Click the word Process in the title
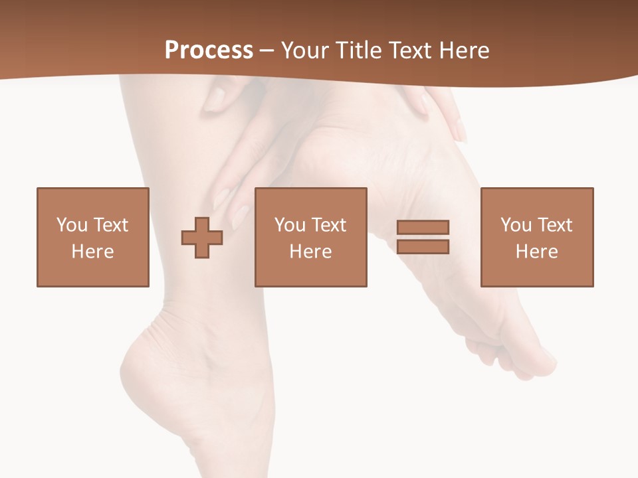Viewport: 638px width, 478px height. (x=209, y=50)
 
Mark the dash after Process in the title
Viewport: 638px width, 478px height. (x=267, y=51)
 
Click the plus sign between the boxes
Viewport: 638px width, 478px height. (x=202, y=238)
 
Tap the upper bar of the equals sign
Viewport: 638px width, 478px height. (x=423, y=228)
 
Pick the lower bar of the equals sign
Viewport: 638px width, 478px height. (x=423, y=246)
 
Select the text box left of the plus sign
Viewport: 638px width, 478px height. (x=93, y=238)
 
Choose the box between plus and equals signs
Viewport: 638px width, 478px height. (x=311, y=238)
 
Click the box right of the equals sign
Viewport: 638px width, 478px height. (x=537, y=238)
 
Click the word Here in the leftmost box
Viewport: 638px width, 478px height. (x=93, y=252)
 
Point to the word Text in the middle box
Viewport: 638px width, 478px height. (x=329, y=225)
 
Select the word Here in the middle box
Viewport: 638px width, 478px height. (x=311, y=252)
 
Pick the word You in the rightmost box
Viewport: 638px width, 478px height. (x=515, y=225)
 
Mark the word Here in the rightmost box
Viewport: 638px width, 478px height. (x=537, y=252)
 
